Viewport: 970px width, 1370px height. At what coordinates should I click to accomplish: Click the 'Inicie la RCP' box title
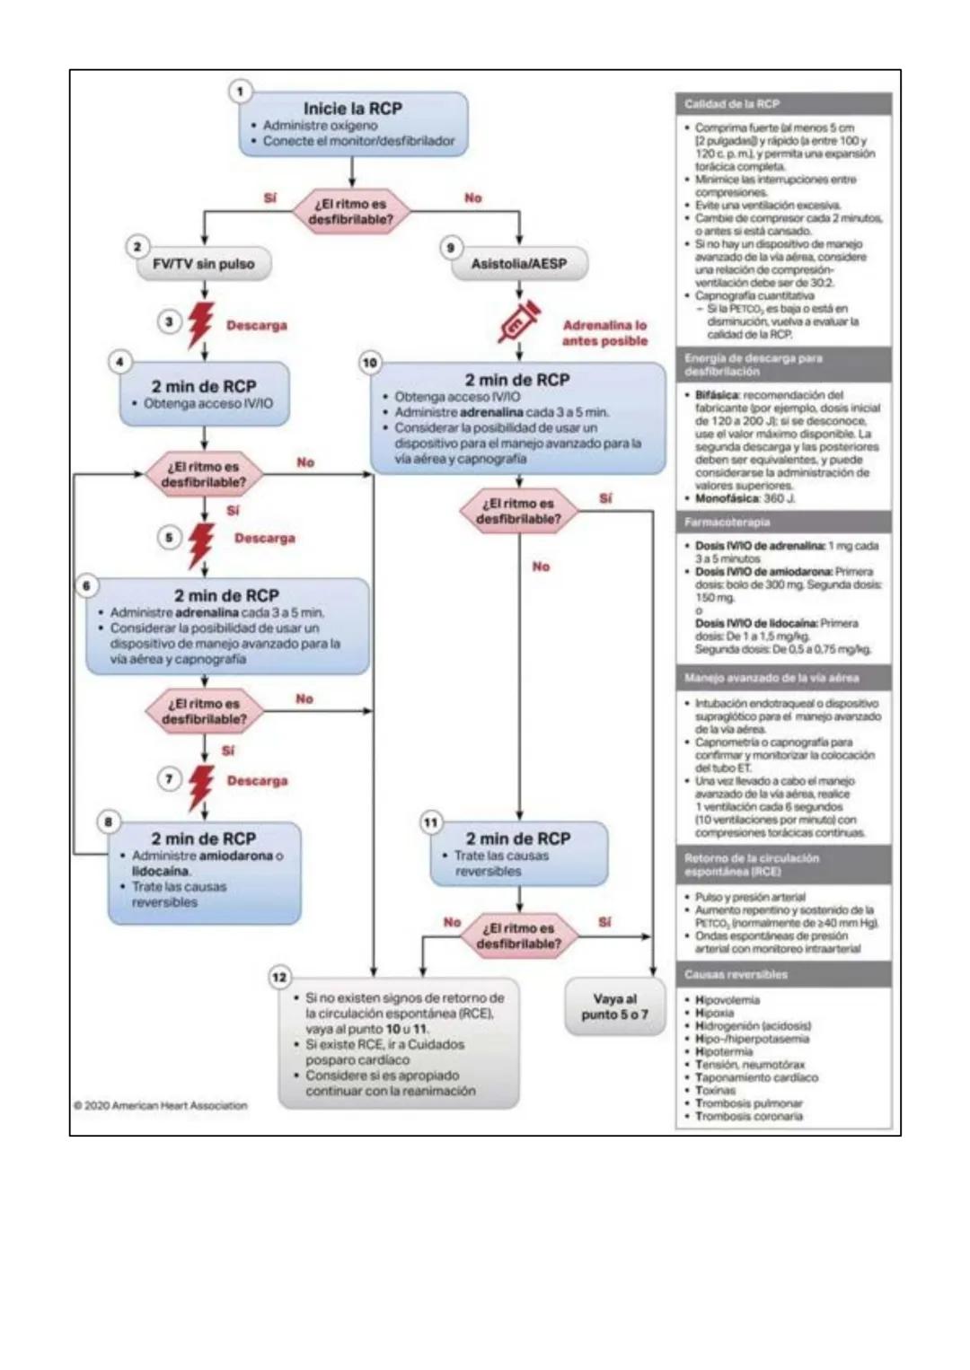point(352,108)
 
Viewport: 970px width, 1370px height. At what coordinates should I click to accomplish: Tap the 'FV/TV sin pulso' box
point(204,264)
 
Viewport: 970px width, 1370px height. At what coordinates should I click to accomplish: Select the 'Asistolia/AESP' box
point(519,264)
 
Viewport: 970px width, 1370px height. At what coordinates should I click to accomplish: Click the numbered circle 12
point(279,977)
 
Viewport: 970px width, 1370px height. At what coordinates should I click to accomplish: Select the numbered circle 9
point(451,247)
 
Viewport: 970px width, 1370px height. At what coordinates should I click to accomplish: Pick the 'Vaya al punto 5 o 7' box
point(614,1006)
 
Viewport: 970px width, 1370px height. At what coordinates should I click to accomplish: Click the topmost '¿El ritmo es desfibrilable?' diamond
point(351,212)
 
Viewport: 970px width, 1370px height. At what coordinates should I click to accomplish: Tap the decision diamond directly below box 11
point(519,935)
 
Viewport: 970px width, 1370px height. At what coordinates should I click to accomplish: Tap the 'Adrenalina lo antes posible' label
point(604,333)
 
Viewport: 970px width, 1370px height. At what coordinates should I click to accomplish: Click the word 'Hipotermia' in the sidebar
point(724,1051)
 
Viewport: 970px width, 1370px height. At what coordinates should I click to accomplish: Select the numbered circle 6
point(86,585)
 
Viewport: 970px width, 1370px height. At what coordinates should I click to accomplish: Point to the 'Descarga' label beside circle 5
point(264,539)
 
